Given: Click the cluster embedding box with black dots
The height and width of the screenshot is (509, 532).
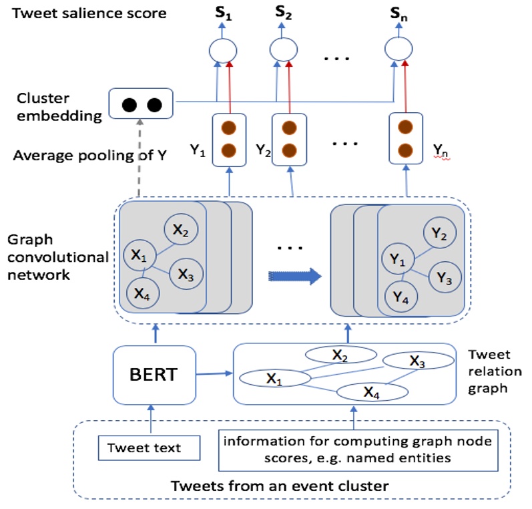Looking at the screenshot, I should (141, 105).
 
